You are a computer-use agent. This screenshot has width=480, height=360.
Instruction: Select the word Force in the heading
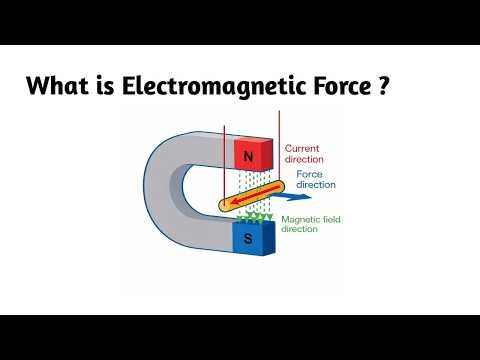tap(334, 87)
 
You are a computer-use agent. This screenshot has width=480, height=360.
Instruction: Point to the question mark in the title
tap(383, 87)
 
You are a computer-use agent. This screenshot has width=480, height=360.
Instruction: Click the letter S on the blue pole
tap(248, 239)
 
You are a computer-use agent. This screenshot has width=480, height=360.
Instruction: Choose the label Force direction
tap(316, 180)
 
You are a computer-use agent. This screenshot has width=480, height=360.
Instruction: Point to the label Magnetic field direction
tap(315, 224)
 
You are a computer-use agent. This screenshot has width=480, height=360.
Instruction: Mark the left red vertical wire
tap(224, 160)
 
